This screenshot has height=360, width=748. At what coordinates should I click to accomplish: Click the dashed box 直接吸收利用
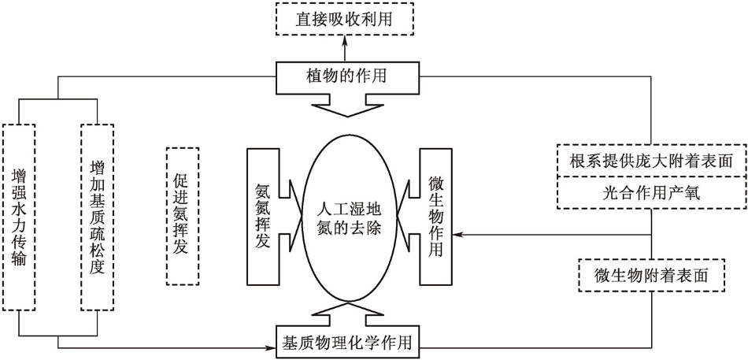click(344, 18)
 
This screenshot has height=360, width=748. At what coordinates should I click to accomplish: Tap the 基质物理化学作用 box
click(347, 342)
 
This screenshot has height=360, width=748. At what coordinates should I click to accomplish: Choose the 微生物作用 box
click(434, 215)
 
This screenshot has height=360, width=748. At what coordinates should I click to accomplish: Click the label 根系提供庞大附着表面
click(650, 161)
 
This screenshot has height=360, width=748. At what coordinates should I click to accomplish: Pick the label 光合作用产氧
click(650, 191)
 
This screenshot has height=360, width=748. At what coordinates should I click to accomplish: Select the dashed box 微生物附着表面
click(650, 275)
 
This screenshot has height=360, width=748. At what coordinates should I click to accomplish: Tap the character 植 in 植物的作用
click(313, 76)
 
